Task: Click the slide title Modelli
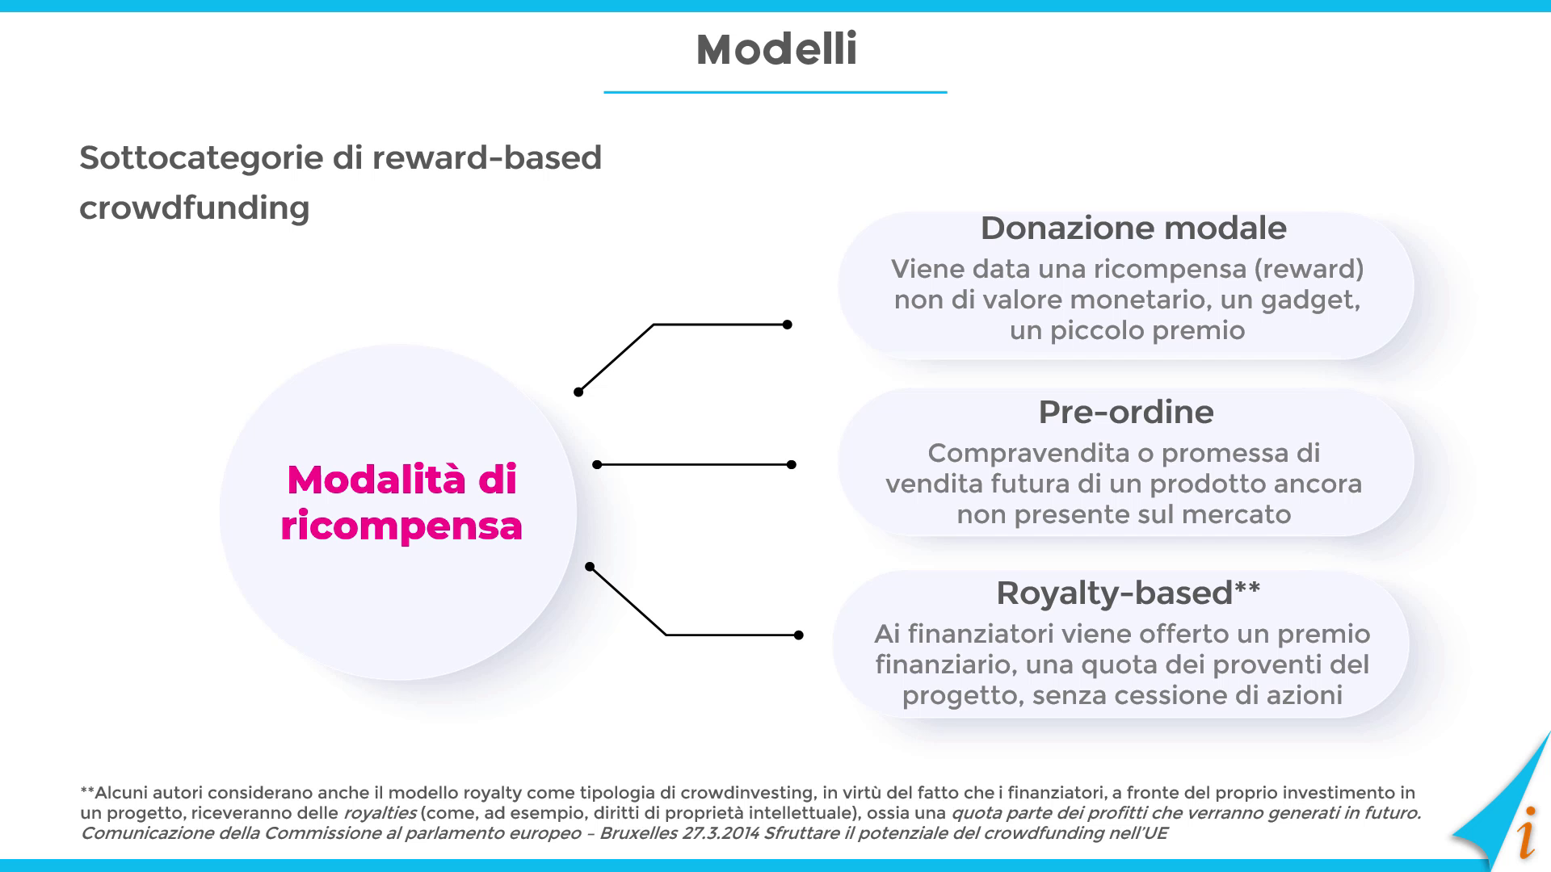pyautogui.click(x=776, y=49)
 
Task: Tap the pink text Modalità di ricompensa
pyautogui.click(x=401, y=502)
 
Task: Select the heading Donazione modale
pyautogui.click(x=1133, y=228)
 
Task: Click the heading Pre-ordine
pyautogui.click(x=1126, y=413)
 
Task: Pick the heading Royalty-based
pyautogui.click(x=1115, y=593)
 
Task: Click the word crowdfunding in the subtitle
pyautogui.click(x=195, y=208)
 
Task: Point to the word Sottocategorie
pyautogui.click(x=201, y=158)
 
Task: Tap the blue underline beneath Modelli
pyautogui.click(x=775, y=92)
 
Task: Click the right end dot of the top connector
pyautogui.click(x=788, y=325)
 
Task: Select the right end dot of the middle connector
pyautogui.click(x=792, y=464)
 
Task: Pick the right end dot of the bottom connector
pyautogui.click(x=799, y=635)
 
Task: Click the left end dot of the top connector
pyautogui.click(x=578, y=392)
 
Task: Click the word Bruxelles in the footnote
pyautogui.click(x=638, y=833)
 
